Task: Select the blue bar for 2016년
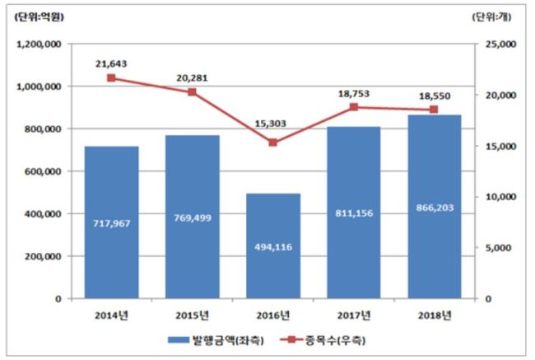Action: (273, 246)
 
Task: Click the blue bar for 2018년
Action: (435, 207)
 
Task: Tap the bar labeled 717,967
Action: (112, 222)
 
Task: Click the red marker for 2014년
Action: (111, 78)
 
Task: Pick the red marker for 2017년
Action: (354, 107)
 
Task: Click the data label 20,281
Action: (192, 78)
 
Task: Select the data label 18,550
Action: (435, 96)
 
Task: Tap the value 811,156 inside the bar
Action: (354, 213)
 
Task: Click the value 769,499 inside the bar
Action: (193, 218)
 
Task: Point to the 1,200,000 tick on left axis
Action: (39, 44)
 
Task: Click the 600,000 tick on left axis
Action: (43, 171)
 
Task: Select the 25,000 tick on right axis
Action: (500, 44)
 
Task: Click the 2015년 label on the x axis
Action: (192, 316)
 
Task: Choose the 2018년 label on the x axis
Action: (435, 316)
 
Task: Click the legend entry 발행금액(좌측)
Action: (216, 340)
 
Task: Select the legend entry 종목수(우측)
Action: (323, 340)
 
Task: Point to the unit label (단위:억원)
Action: (39, 17)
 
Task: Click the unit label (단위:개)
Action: (491, 17)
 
